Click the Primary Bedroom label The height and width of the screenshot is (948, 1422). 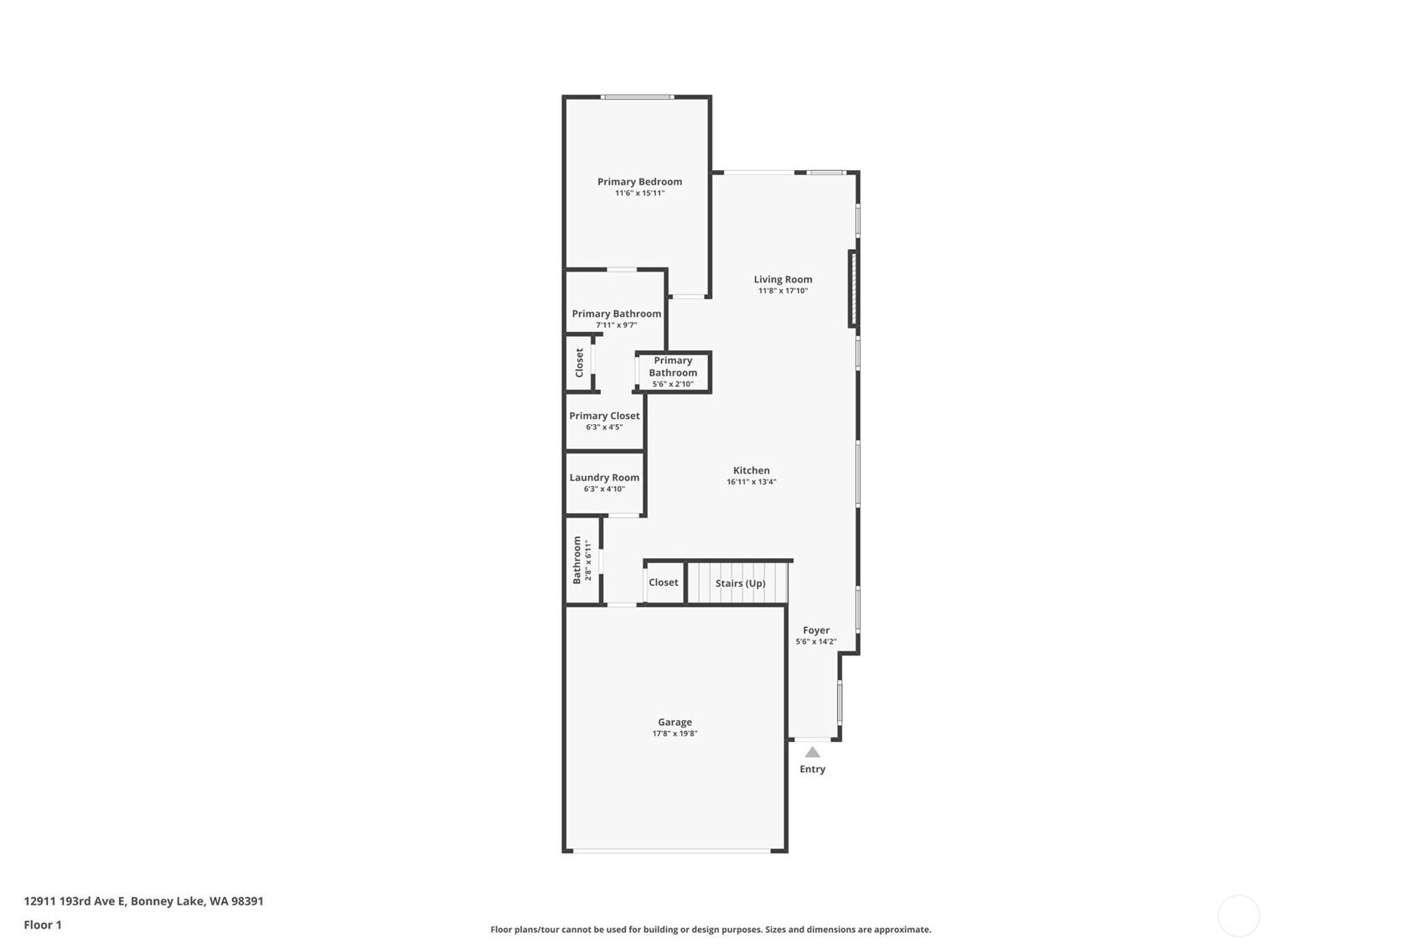[639, 181]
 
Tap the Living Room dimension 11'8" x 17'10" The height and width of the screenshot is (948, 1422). [783, 291]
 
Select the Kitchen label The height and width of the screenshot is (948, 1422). [751, 470]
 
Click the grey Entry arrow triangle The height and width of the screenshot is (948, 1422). [812, 752]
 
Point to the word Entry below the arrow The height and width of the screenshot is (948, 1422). [812, 769]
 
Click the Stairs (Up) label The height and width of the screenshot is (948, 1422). [740, 583]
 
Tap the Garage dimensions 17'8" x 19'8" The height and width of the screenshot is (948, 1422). [675, 733]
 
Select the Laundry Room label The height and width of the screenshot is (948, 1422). [604, 477]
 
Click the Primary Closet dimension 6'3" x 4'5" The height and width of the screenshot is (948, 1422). [604, 427]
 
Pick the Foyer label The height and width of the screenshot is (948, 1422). [815, 630]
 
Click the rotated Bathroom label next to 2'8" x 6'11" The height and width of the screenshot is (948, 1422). [577, 560]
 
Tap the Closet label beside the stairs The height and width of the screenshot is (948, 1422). [663, 583]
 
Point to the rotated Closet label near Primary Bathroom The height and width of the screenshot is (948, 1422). [579, 363]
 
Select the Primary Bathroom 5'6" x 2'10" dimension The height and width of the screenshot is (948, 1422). [673, 384]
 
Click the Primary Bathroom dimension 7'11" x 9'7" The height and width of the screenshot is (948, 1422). [616, 325]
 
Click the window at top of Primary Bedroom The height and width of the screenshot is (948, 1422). [637, 97]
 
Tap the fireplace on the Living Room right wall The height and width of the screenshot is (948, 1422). [853, 288]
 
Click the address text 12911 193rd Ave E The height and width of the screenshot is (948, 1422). [75, 901]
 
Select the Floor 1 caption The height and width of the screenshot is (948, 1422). [43, 925]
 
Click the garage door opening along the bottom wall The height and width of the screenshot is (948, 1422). [672, 851]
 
